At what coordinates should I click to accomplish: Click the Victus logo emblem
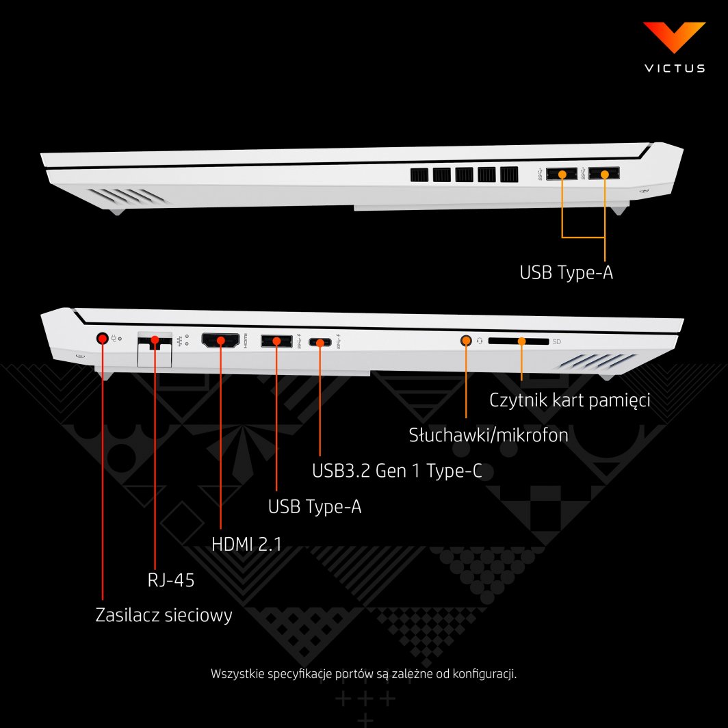tap(674, 38)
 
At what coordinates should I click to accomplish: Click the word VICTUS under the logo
tap(674, 68)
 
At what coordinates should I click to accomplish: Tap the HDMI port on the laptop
tap(220, 340)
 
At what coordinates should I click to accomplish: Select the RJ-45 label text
tap(171, 580)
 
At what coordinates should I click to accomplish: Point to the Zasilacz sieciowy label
tap(164, 615)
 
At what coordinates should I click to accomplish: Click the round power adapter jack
tap(103, 338)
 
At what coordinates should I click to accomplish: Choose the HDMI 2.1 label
tap(246, 544)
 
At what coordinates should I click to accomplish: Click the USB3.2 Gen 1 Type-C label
tap(402, 471)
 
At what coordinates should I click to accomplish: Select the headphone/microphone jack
tap(466, 340)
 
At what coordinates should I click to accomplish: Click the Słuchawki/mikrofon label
tap(488, 434)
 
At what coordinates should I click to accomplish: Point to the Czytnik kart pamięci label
tap(569, 400)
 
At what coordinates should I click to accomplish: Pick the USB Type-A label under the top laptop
tap(566, 272)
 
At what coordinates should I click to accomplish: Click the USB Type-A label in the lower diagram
tap(315, 507)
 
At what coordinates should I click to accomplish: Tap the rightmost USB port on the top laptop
tap(604, 174)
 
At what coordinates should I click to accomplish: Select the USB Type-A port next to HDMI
tap(276, 340)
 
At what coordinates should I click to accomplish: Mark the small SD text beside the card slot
tap(556, 341)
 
